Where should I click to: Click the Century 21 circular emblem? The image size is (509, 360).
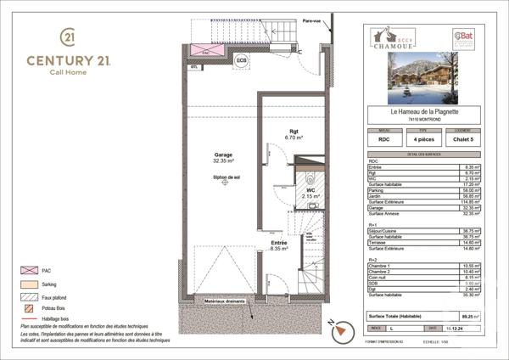click(x=67, y=38)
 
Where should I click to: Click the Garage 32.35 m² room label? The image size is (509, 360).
click(x=224, y=157)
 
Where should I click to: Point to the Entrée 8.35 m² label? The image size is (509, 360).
click(x=278, y=246)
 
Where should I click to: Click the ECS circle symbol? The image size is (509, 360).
click(x=242, y=60)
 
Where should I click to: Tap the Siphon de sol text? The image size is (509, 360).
click(x=225, y=177)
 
